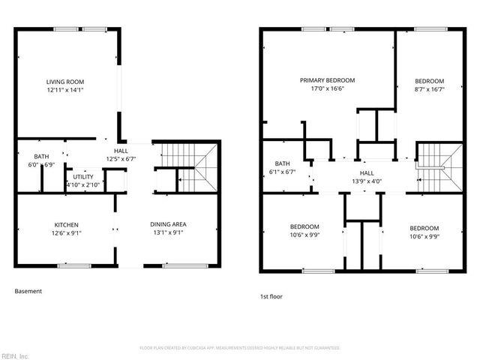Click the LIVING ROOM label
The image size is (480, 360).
coord(64,82)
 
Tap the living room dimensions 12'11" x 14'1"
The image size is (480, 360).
coord(64,90)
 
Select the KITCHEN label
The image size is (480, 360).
coord(66,224)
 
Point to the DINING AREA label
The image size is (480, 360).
coord(168,224)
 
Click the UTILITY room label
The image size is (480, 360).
coord(83,176)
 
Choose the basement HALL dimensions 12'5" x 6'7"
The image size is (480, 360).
coord(121,158)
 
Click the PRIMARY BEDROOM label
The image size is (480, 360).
coord(327,80)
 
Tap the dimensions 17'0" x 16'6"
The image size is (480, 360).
coord(327,88)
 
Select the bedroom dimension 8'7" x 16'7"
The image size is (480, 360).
coord(430,88)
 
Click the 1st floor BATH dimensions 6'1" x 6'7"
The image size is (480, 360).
coord(282,172)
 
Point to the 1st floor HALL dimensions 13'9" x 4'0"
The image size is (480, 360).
coord(367,181)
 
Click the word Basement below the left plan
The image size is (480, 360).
coord(28,291)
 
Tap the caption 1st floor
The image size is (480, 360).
coord(271,296)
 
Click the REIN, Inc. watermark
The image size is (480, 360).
coord(15,355)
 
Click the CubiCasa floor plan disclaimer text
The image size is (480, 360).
coord(240,348)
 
